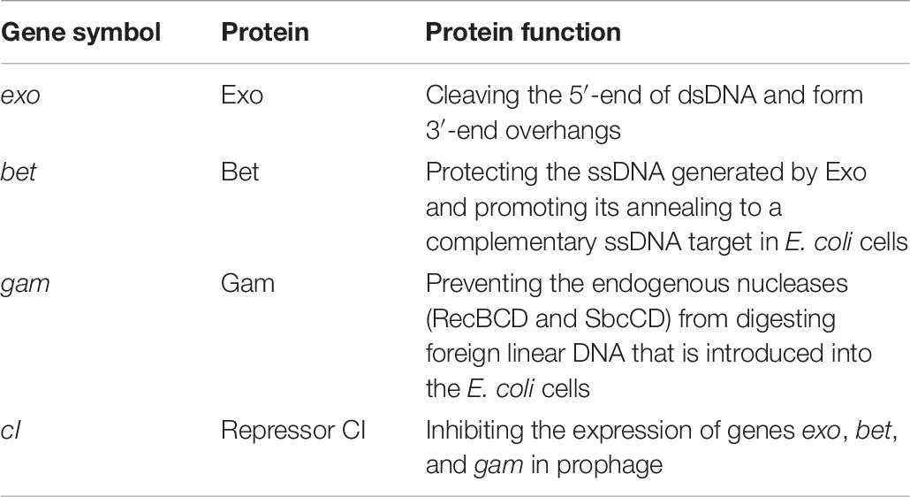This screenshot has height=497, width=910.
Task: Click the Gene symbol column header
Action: click(80, 33)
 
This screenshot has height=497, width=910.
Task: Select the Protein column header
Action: click(265, 32)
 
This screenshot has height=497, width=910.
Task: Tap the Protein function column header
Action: click(523, 32)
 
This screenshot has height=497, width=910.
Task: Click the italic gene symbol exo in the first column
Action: click(20, 96)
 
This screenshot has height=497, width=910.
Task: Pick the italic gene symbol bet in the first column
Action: click(18, 172)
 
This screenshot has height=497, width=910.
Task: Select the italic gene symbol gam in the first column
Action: click(25, 286)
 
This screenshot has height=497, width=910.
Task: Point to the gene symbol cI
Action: click(11, 430)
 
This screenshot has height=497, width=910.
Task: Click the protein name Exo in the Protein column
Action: click(242, 96)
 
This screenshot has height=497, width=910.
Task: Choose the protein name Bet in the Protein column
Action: click(239, 172)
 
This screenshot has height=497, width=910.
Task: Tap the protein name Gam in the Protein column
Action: click(247, 284)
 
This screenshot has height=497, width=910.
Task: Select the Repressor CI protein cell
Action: click(293, 431)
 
